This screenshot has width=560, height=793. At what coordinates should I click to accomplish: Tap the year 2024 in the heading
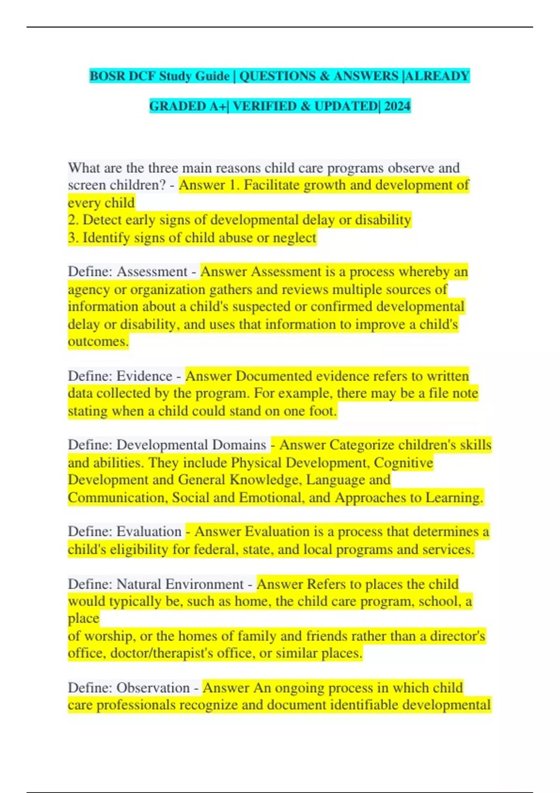click(397, 106)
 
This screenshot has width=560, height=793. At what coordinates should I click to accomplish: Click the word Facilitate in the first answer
click(272, 185)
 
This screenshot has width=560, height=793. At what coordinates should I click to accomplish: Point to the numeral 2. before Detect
click(73, 220)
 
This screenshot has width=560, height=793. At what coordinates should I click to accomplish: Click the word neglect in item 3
click(294, 238)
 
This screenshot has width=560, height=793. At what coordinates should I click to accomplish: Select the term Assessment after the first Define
click(152, 271)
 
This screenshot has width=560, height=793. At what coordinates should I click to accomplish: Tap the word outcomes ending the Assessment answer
click(98, 341)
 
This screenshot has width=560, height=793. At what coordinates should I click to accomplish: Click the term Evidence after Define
click(144, 376)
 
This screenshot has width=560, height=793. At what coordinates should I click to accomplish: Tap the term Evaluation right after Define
click(149, 532)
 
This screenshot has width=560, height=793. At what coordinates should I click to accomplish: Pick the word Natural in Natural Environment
click(139, 584)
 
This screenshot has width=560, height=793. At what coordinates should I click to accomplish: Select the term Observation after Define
click(153, 688)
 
